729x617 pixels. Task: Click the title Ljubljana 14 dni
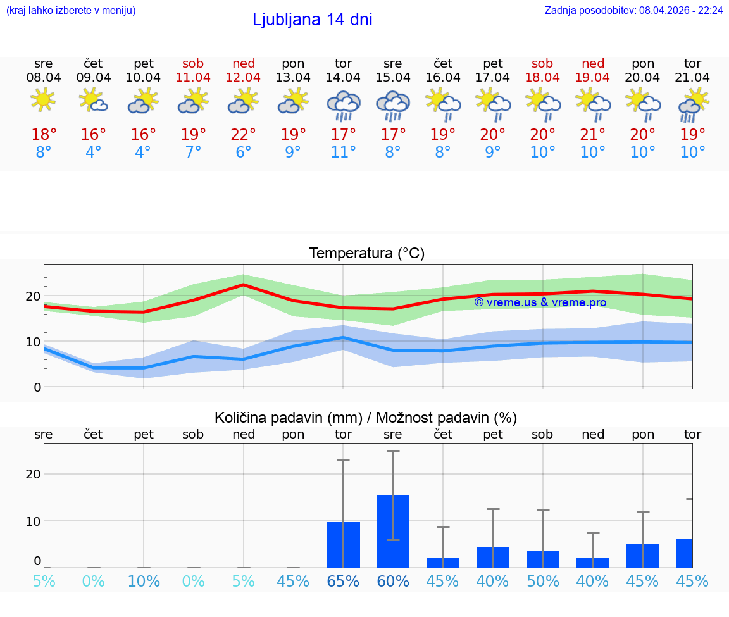pyautogui.click(x=312, y=20)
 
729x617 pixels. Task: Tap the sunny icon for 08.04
pyautogui.click(x=43, y=100)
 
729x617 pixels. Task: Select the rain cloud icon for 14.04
pyautogui.click(x=343, y=105)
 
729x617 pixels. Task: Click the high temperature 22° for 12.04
pyautogui.click(x=243, y=135)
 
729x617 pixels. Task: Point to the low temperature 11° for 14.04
pyautogui.click(x=343, y=153)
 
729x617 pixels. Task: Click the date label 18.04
pyautogui.click(x=542, y=78)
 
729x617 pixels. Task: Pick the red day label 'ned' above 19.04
pyautogui.click(x=592, y=63)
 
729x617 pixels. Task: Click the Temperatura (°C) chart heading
pyautogui.click(x=366, y=254)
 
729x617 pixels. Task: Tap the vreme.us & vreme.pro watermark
pyautogui.click(x=540, y=302)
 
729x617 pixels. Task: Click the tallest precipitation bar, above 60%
pyautogui.click(x=392, y=531)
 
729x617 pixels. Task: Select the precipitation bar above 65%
pyautogui.click(x=343, y=544)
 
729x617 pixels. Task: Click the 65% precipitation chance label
pyautogui.click(x=343, y=581)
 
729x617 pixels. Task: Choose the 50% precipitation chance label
pyautogui.click(x=542, y=581)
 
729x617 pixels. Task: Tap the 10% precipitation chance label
pyautogui.click(x=143, y=581)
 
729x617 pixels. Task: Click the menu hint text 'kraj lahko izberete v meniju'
pyautogui.click(x=70, y=11)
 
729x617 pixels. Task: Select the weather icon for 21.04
pyautogui.click(x=692, y=105)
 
